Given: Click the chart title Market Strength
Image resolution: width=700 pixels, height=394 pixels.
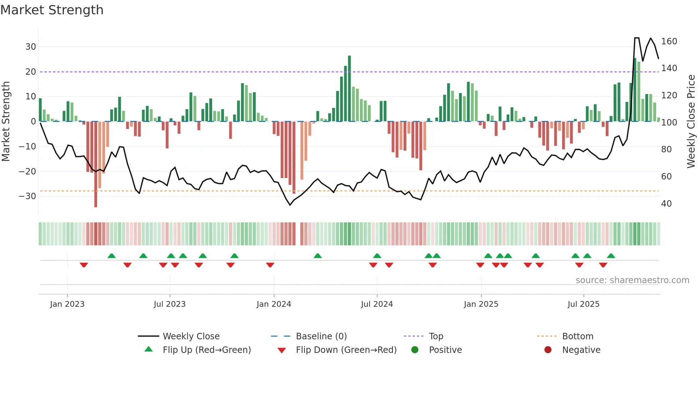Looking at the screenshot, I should pyautogui.click(x=52, y=10).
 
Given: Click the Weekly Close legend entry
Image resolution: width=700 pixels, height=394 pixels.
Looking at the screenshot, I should pyautogui.click(x=191, y=336).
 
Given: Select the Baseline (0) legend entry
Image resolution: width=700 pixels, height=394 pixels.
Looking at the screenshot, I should pyautogui.click(x=321, y=336).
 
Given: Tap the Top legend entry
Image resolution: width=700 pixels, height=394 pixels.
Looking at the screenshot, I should pyautogui.click(x=436, y=336).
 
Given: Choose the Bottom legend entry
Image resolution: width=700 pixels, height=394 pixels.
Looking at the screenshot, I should pyautogui.click(x=577, y=336).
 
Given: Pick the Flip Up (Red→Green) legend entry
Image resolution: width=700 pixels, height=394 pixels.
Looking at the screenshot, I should pyautogui.click(x=206, y=350).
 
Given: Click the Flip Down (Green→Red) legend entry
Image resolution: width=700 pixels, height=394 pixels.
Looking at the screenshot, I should pyautogui.click(x=346, y=350).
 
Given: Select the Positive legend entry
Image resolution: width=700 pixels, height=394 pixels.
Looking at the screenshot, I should pyautogui.click(x=445, y=350).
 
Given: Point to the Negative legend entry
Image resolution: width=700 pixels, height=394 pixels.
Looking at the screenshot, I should pyautogui.click(x=581, y=350).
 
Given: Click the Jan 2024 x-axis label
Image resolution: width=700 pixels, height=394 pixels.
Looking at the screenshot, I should pyautogui.click(x=274, y=304).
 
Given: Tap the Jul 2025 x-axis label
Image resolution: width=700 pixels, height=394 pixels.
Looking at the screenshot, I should pyautogui.click(x=583, y=304).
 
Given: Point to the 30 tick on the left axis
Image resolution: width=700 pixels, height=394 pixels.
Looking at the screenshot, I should pyautogui.click(x=31, y=47).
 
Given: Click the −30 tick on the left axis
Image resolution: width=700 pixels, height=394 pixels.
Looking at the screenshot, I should pyautogui.click(x=28, y=196).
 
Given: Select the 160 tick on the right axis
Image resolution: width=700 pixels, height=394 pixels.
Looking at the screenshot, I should pyautogui.click(x=669, y=41).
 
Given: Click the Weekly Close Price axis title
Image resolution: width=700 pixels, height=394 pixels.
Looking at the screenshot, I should pyautogui.click(x=691, y=122).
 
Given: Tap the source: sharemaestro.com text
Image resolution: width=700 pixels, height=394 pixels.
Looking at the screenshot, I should pyautogui.click(x=632, y=280).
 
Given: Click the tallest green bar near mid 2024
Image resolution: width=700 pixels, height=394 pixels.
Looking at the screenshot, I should pyautogui.click(x=349, y=89).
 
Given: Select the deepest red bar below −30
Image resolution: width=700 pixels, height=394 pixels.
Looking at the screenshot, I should pyautogui.click(x=96, y=164).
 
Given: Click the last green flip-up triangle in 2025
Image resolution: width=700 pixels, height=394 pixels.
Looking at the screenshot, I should pyautogui.click(x=611, y=256).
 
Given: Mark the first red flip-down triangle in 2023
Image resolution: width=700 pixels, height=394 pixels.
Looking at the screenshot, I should pyautogui.click(x=84, y=265).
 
